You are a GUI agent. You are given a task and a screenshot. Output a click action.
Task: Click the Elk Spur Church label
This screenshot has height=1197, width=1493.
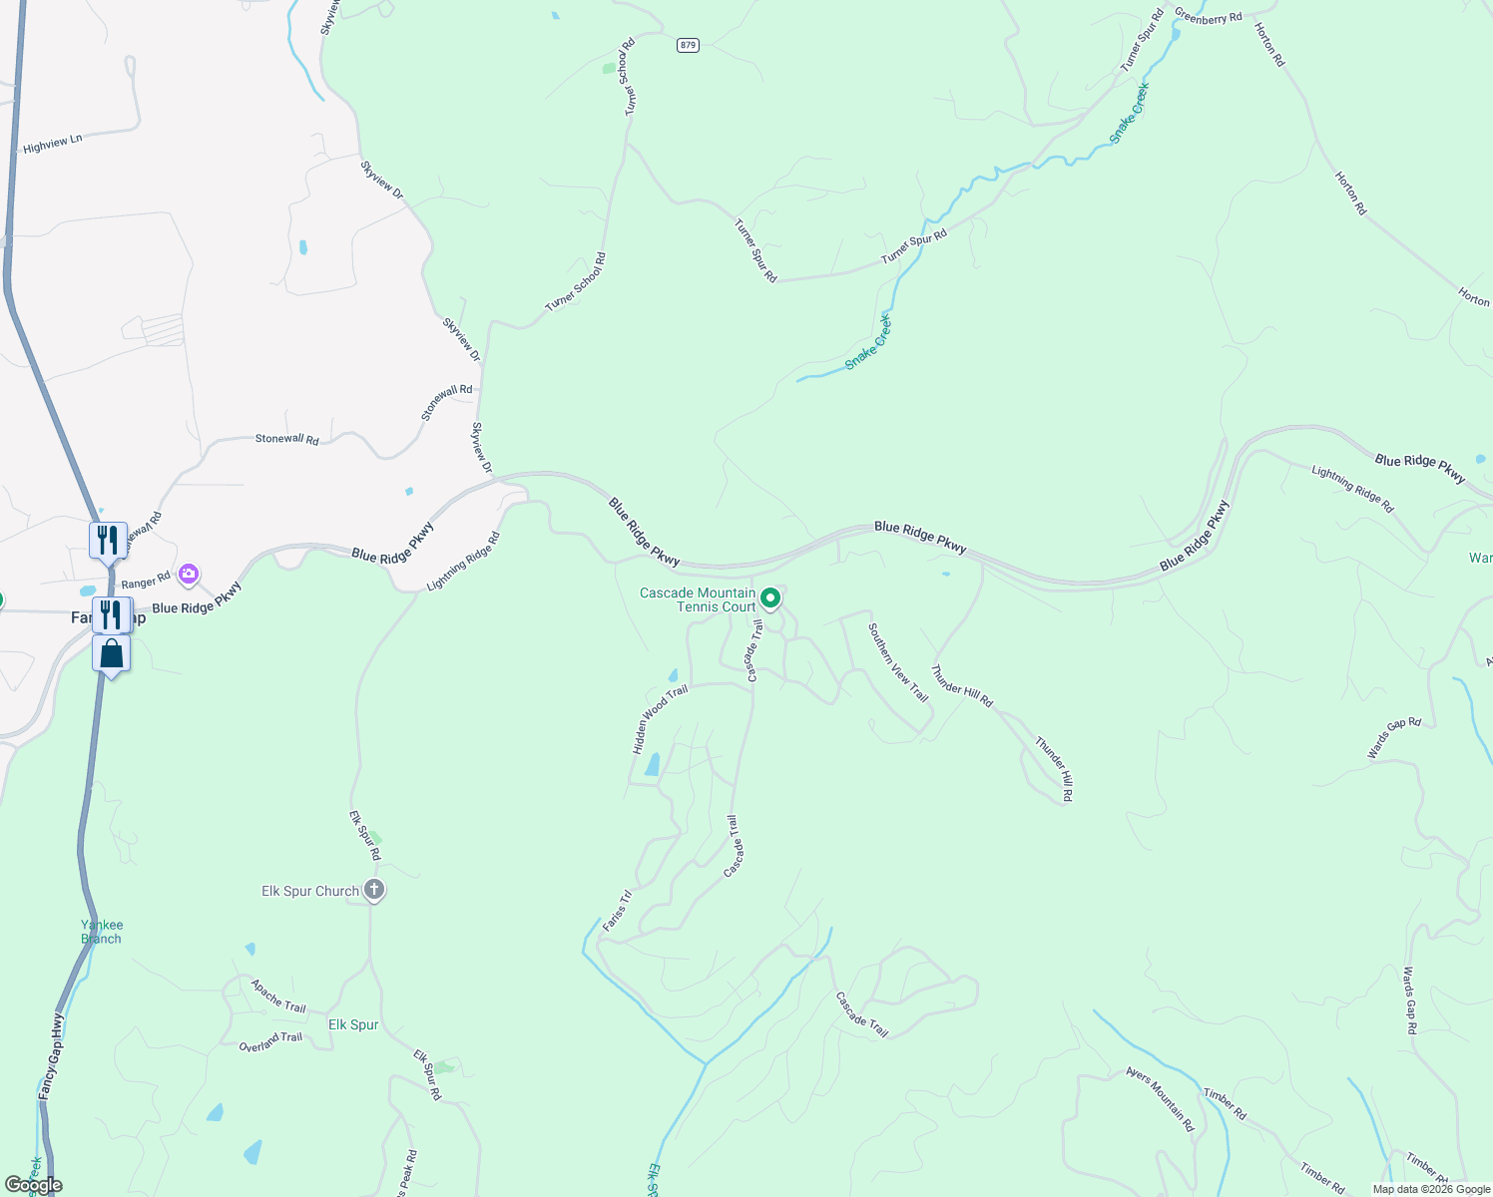[310, 891]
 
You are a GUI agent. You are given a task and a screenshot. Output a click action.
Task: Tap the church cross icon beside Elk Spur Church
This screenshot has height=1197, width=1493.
[374, 889]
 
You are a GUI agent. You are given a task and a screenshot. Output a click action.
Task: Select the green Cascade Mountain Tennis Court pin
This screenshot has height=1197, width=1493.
[770, 598]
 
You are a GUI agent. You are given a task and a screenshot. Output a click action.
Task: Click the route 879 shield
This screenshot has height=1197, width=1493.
[687, 45]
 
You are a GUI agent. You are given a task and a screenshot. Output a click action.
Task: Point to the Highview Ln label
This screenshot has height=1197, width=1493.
[52, 145]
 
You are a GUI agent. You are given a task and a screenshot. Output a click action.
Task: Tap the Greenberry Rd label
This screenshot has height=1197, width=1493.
[1208, 17]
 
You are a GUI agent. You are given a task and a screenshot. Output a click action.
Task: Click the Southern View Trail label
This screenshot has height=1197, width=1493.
[898, 662]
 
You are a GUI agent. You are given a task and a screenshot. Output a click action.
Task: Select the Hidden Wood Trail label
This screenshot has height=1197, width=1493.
[660, 719]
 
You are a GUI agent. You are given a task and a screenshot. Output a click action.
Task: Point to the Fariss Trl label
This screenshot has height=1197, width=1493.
[618, 911]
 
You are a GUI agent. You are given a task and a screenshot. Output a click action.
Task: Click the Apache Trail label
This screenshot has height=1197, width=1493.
[278, 996]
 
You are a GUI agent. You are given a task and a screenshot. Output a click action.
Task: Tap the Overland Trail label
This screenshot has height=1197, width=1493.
[270, 1041]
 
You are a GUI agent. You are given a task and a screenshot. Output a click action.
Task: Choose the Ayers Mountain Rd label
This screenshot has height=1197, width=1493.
[1160, 1098]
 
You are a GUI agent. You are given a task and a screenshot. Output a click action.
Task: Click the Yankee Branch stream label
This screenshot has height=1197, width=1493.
[102, 932]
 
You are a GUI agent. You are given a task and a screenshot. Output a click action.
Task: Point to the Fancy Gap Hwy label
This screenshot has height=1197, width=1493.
[51, 1057]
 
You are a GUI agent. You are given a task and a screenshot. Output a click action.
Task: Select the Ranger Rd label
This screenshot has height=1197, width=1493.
[146, 582]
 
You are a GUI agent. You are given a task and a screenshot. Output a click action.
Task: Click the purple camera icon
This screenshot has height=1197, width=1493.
[189, 574]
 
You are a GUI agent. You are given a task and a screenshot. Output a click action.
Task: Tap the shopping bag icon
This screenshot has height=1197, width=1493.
[112, 654]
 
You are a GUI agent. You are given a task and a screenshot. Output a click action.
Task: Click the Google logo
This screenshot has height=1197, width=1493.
[33, 1185]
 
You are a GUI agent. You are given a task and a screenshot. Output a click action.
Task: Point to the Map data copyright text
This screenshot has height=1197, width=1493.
[1431, 1189]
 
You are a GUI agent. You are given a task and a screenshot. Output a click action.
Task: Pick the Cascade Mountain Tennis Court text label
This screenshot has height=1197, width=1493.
[698, 599]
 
